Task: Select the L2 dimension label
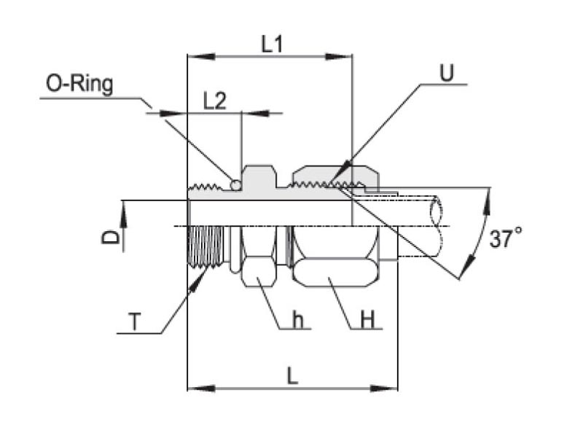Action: tap(214, 101)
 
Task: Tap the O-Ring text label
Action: tap(79, 85)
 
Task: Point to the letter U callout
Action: tap(446, 72)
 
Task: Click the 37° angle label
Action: tap(506, 238)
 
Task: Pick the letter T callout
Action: tap(133, 321)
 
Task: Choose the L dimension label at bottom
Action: tap(292, 375)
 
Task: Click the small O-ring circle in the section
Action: tap(235, 185)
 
